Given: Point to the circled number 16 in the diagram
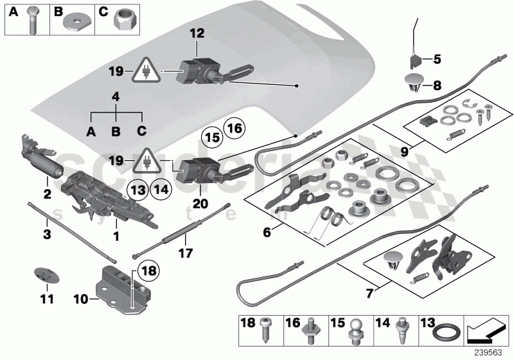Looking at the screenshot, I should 235,129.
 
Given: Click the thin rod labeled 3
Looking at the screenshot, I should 71,230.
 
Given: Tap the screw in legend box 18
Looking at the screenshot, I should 266,332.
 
